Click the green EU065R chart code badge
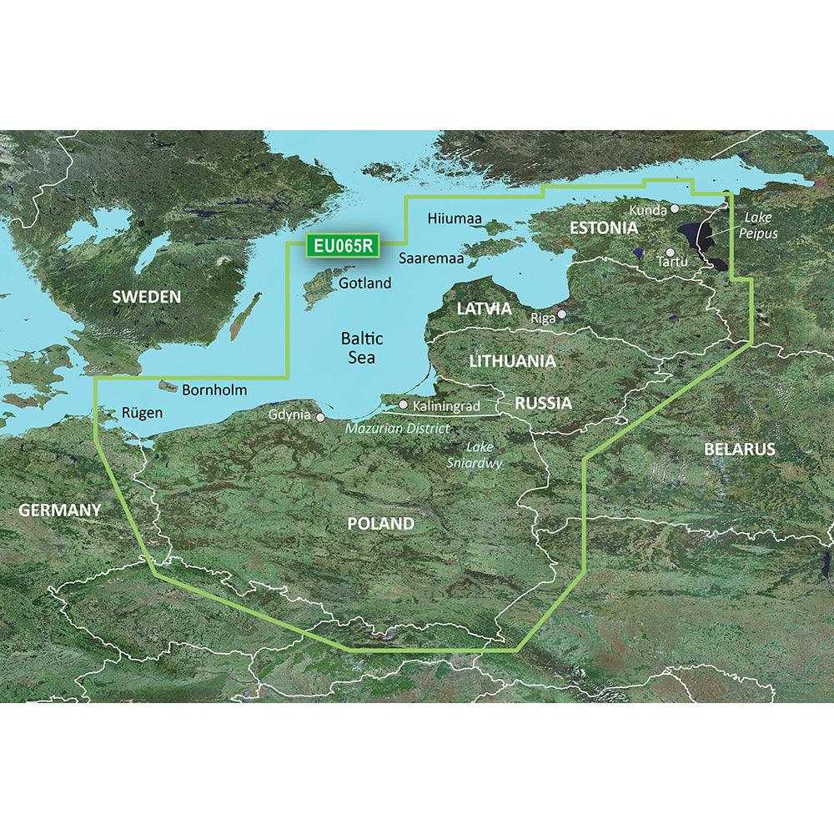[343, 246]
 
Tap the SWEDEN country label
[147, 296]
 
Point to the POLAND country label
[380, 524]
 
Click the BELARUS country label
[739, 449]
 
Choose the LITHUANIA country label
[512, 361]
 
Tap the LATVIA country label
[484, 309]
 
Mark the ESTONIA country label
[604, 227]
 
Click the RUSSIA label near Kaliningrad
[543, 404]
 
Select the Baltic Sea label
[362, 348]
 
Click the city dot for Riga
[562, 314]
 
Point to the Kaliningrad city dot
[404, 404]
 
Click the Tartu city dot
[671, 251]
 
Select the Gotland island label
[365, 284]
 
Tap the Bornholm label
[214, 389]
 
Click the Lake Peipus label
[757, 225]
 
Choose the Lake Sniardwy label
[485, 455]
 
